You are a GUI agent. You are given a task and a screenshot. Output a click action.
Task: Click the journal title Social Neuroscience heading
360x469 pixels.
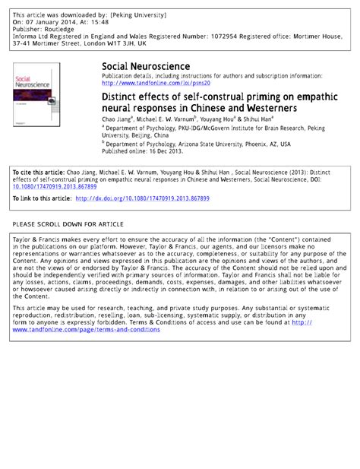click(146, 67)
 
